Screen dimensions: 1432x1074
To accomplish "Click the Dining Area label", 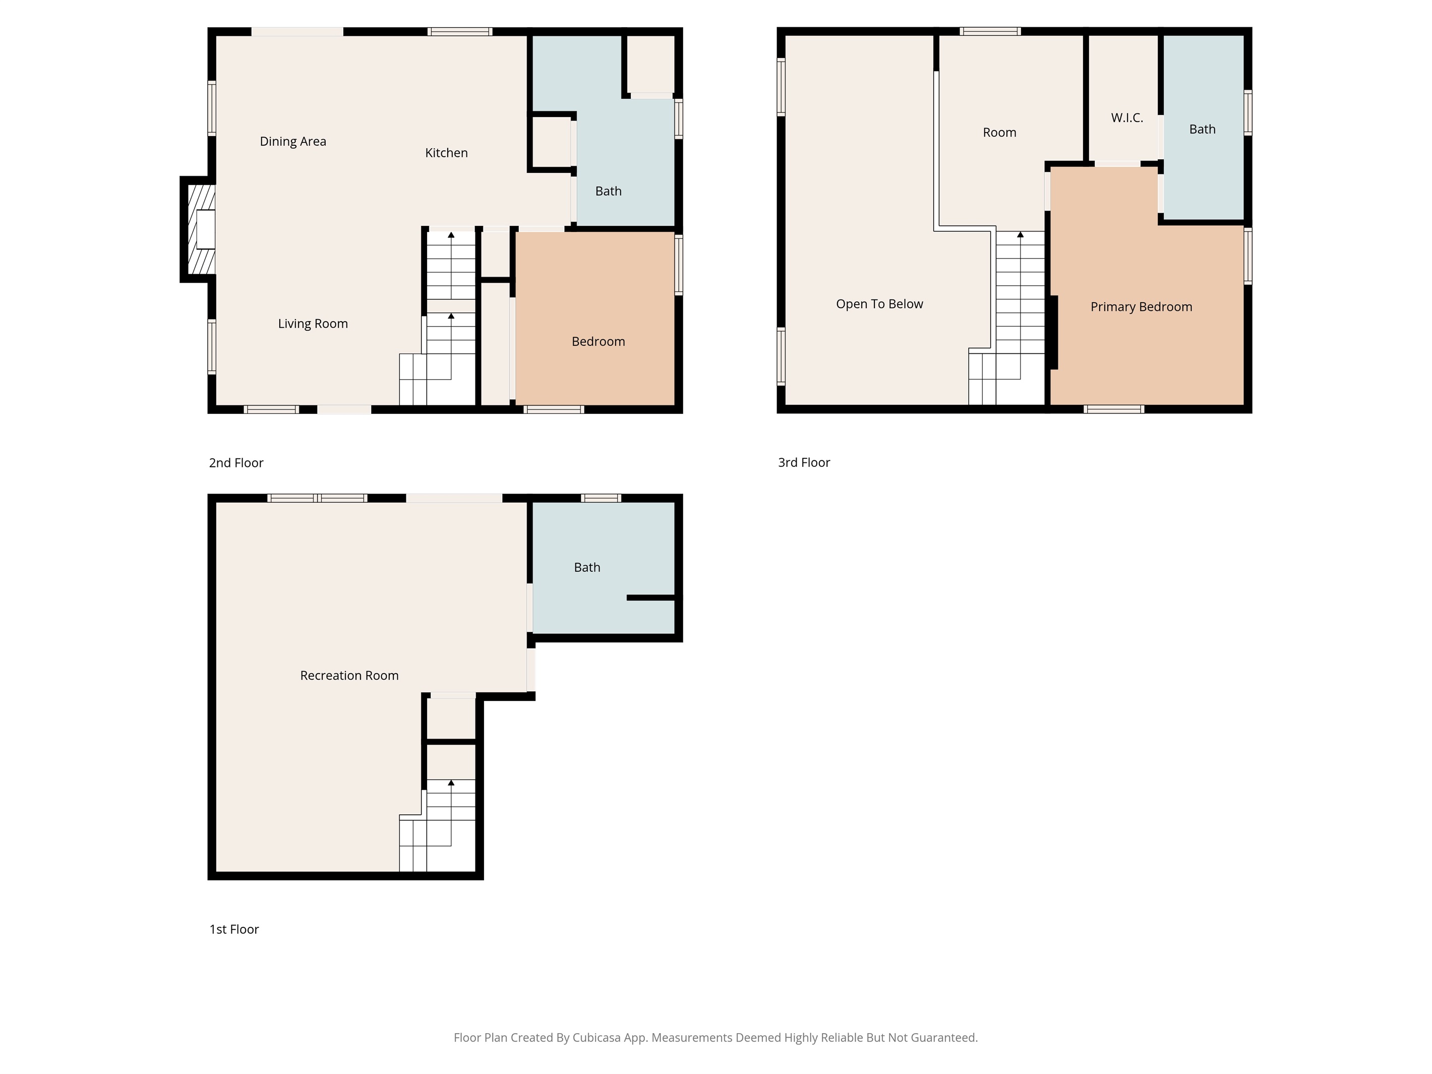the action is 292,141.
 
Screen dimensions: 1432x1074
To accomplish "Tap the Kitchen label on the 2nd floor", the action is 446,153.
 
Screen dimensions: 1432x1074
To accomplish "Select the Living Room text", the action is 313,324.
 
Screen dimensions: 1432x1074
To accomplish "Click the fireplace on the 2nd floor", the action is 198,229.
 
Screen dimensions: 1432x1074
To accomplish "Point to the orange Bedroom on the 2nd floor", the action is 595,319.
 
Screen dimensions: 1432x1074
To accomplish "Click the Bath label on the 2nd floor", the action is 608,191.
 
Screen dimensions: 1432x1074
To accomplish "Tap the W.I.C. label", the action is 1127,118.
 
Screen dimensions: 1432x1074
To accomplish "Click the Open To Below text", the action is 879,304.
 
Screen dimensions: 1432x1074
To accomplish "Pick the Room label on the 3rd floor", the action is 999,133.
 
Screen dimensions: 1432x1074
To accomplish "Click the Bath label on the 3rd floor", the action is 1202,130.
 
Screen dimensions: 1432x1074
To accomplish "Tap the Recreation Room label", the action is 349,676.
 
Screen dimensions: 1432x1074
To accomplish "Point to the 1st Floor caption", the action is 233,930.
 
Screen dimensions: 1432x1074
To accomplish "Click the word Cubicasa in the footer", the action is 596,1038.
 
